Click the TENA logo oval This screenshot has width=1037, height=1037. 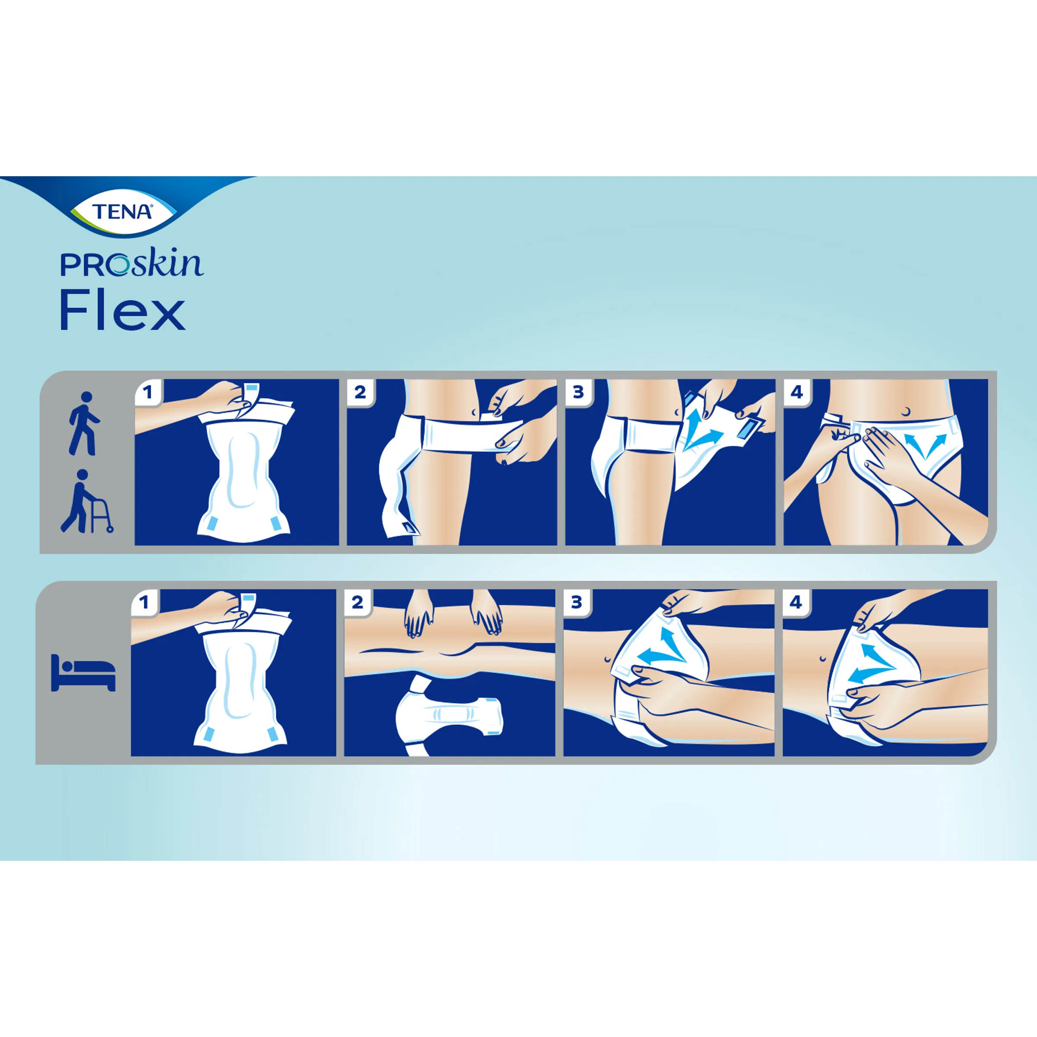(122, 212)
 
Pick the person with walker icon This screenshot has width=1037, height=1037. (86, 502)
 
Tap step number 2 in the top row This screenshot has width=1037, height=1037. (360, 392)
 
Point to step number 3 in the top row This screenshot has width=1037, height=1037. (578, 392)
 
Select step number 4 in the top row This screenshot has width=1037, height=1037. (796, 392)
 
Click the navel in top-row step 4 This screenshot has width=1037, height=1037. (907, 411)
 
